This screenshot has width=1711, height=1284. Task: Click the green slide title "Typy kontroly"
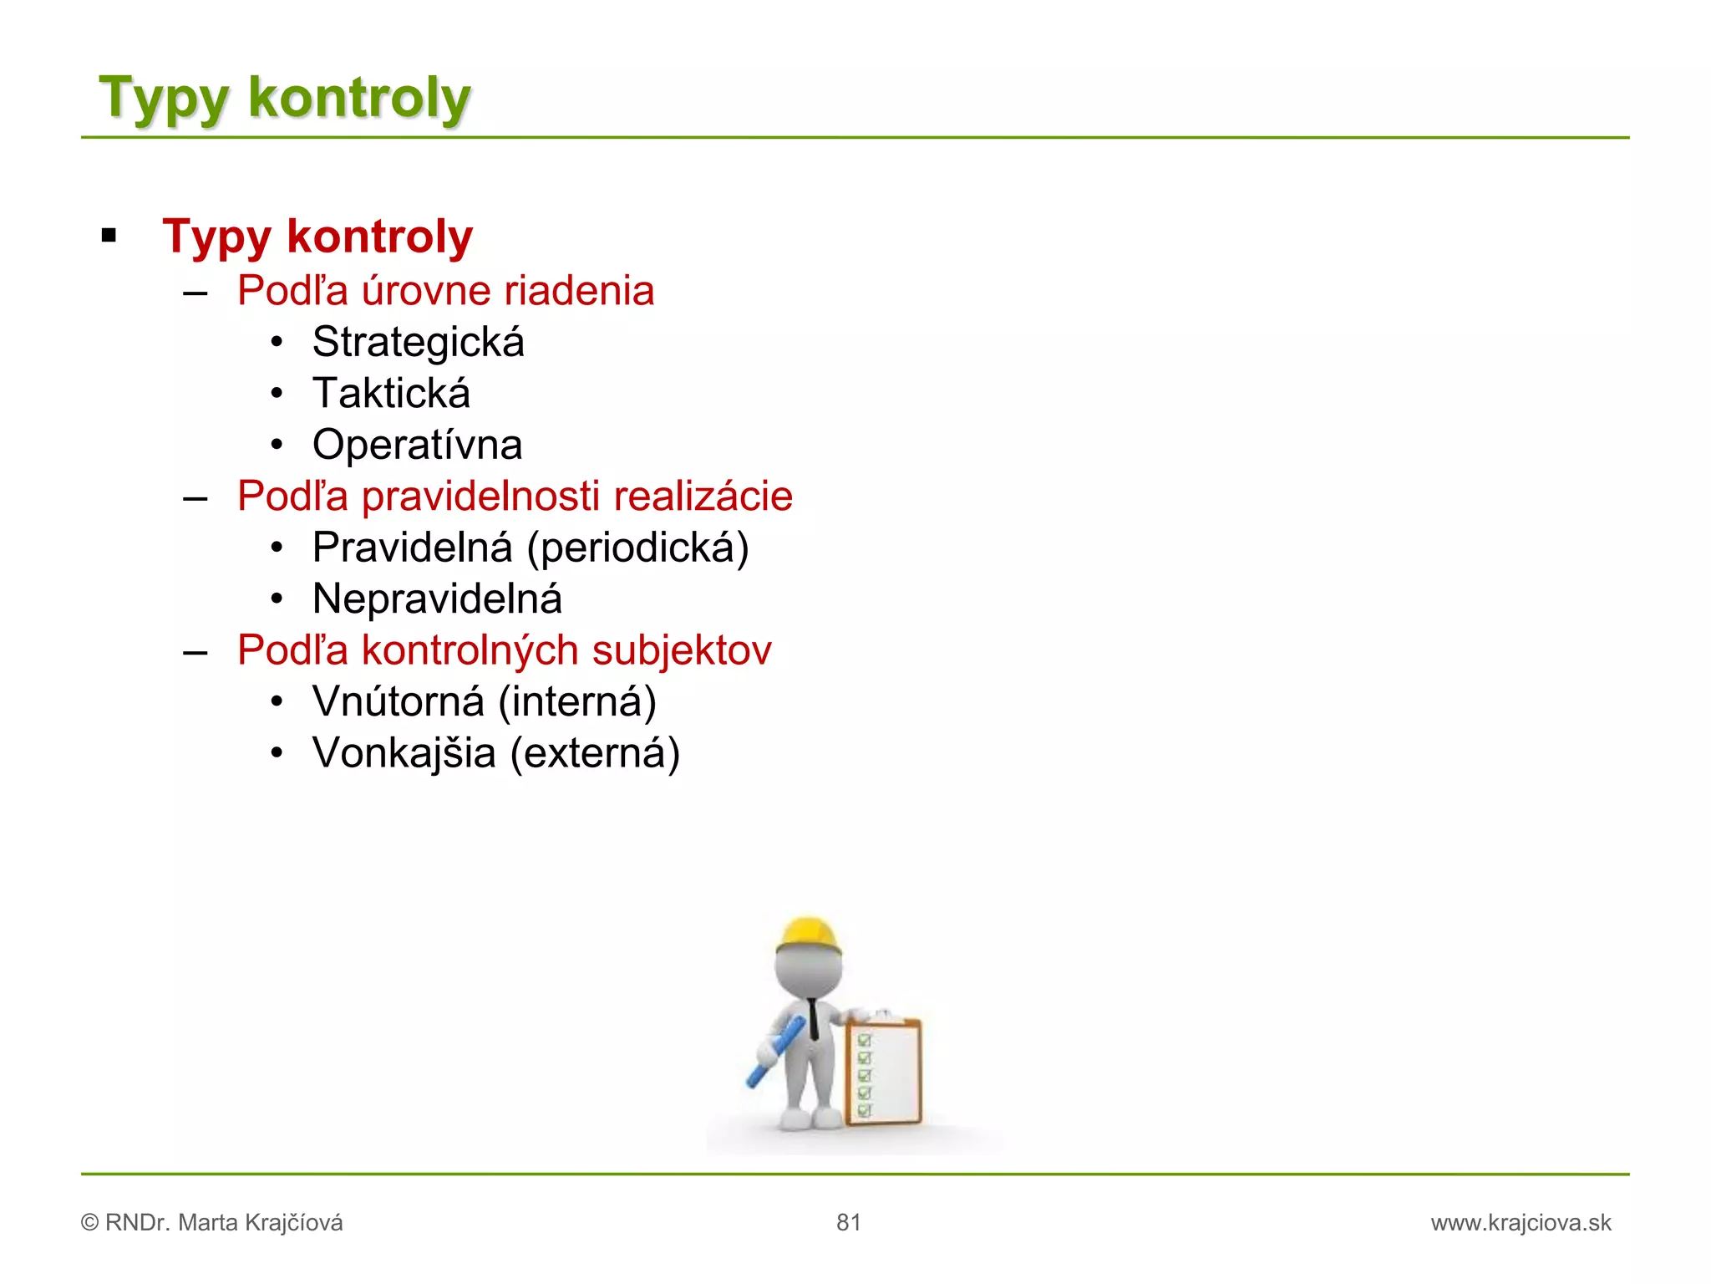[x=285, y=99]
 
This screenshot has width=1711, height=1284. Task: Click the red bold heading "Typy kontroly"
[x=317, y=237]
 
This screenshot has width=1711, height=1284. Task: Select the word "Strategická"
[x=418, y=342]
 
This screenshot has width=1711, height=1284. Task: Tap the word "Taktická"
[x=391, y=394]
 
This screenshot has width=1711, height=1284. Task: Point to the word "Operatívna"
[x=417, y=445]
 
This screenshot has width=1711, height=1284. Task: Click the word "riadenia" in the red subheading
[x=579, y=291]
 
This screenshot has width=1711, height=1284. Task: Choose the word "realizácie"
[x=703, y=497]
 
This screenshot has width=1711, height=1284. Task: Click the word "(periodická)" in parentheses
[x=637, y=548]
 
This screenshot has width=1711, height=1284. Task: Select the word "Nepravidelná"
[x=437, y=599]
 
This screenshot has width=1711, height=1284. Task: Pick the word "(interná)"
[x=577, y=702]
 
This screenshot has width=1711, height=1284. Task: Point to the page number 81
[x=848, y=1223]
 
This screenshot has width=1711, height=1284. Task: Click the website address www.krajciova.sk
[x=1521, y=1223]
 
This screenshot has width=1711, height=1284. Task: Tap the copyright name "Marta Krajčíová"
[x=261, y=1223]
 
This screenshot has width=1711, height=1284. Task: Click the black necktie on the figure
[x=813, y=1018]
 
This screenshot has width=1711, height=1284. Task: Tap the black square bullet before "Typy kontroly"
[x=109, y=236]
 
